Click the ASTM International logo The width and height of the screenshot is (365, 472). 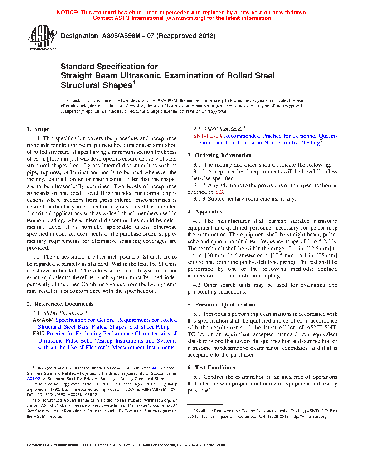42,38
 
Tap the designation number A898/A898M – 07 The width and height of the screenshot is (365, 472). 128,36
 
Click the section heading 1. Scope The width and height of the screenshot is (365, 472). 38,129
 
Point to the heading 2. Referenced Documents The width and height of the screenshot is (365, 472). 60,304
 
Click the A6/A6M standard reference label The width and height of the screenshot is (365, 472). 43,320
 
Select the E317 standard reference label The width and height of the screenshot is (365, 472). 39,334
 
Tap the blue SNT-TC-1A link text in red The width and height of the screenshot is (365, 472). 208,136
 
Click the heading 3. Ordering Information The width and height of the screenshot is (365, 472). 219,156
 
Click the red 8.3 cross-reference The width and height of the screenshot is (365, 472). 219,192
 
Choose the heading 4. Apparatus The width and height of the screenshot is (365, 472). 205,212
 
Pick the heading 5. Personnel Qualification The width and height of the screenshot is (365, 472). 221,305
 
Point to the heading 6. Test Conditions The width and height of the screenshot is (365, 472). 211,368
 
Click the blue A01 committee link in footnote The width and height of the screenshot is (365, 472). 156,368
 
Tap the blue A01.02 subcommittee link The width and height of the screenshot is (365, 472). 33,379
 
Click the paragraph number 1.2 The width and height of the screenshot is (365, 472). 36,257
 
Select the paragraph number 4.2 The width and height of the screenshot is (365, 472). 196,285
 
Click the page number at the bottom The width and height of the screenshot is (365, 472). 182,454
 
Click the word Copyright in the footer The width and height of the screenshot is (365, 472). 34,445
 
